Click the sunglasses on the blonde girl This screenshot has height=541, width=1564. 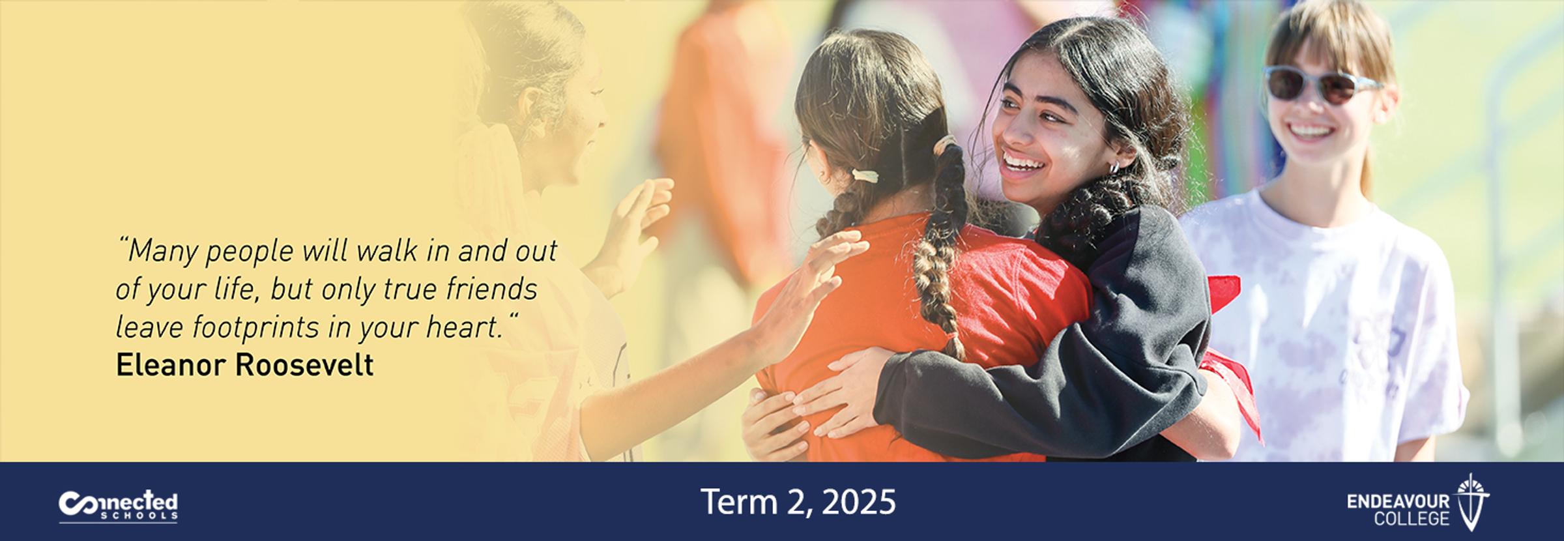click(x=1321, y=83)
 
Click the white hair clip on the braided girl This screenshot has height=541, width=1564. click(x=862, y=175)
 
